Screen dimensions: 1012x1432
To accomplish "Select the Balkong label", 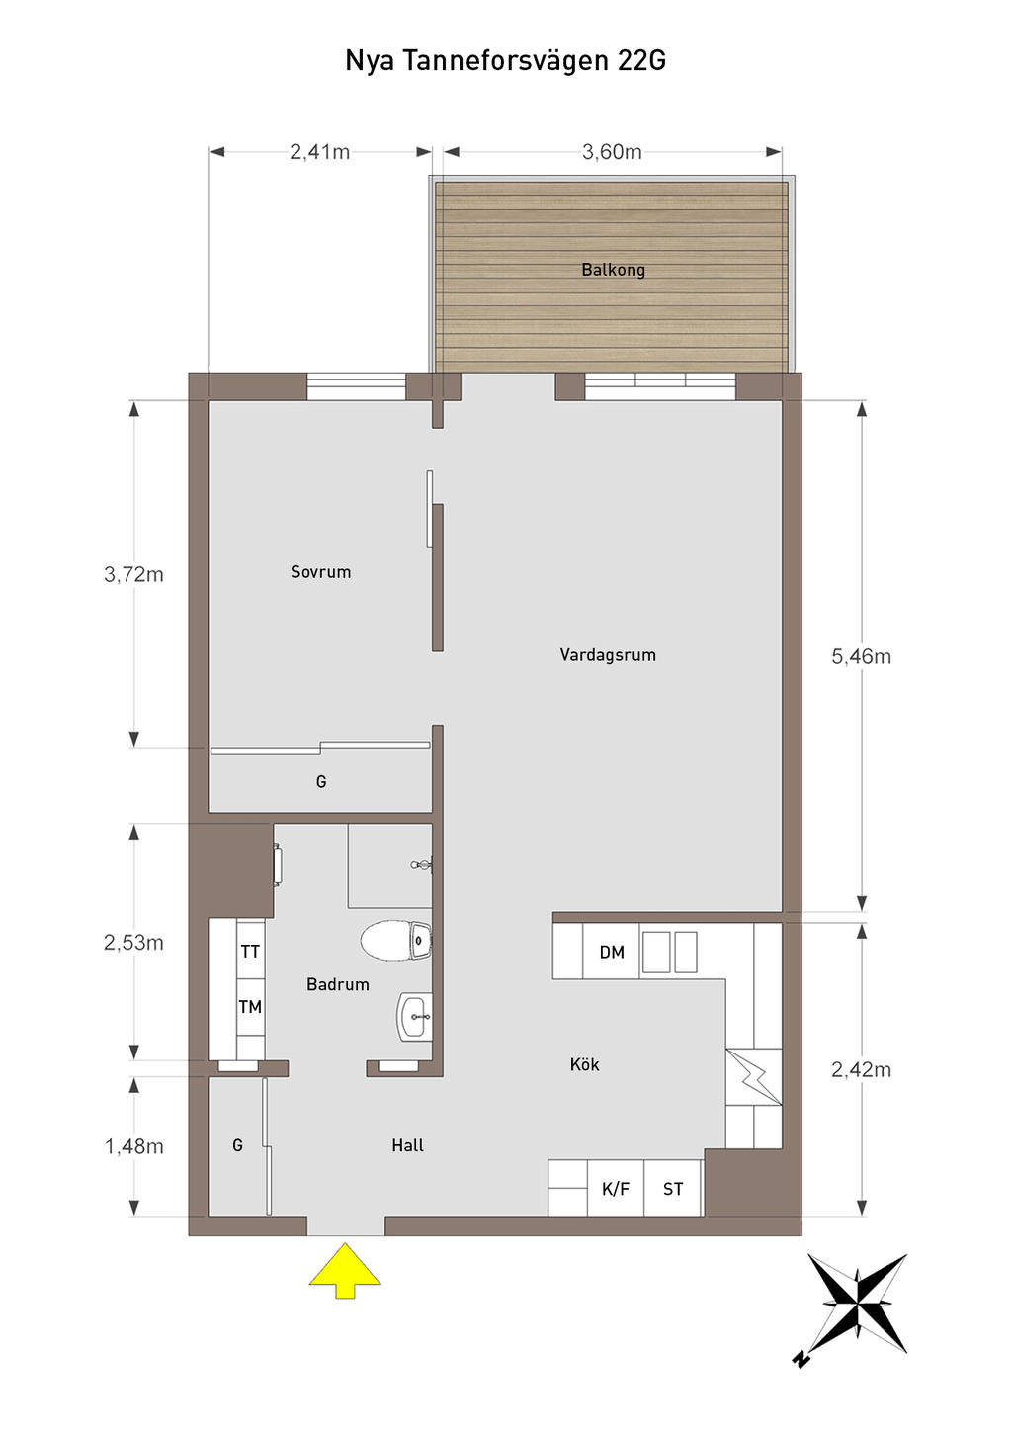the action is pyautogui.click(x=613, y=270).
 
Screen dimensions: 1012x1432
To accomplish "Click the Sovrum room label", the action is pyautogui.click(x=321, y=571).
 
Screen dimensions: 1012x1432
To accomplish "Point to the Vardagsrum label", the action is pyautogui.click(x=608, y=654).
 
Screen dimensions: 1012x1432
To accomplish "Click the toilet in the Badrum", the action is pyautogui.click(x=395, y=941).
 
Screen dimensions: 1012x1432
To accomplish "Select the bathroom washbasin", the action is pyautogui.click(x=415, y=1016).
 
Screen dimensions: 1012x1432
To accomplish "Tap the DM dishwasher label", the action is pyautogui.click(x=612, y=953).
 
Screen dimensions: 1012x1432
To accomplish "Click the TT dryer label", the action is pyautogui.click(x=250, y=952).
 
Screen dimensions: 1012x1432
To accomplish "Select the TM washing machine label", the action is pyautogui.click(x=250, y=1007).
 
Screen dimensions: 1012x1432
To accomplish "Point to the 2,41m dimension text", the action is pyautogui.click(x=319, y=152).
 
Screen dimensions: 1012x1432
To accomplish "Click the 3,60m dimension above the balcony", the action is pyautogui.click(x=612, y=152).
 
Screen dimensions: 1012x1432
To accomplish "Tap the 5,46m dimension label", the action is pyautogui.click(x=861, y=656).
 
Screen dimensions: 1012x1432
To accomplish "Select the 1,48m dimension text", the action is pyautogui.click(x=133, y=1146).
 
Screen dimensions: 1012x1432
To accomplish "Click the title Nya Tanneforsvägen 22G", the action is pyautogui.click(x=506, y=61).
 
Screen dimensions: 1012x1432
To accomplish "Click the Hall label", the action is pyautogui.click(x=408, y=1145).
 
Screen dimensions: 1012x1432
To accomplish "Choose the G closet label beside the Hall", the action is pyautogui.click(x=237, y=1145).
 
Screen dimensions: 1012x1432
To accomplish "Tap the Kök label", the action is pyautogui.click(x=585, y=1064).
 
